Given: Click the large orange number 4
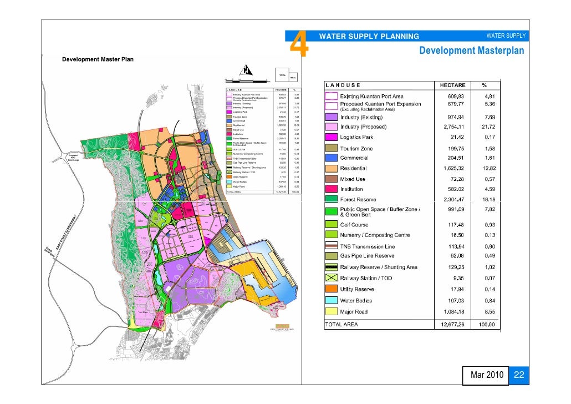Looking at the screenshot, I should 299,44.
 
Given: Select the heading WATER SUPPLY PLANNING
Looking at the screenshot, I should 369,37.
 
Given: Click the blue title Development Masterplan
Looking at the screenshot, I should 471,51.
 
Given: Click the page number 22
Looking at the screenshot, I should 519,376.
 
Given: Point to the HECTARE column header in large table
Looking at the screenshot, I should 452,85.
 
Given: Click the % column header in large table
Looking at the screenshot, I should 484,85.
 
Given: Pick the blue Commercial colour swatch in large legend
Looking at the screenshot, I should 331,158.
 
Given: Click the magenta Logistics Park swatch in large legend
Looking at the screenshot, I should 331,137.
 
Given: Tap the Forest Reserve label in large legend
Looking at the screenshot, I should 358,199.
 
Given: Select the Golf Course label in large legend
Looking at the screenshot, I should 354,225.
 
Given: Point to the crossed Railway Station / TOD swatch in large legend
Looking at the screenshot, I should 331,278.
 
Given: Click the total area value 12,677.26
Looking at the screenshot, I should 452,325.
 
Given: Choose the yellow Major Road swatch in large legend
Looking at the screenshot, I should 331,311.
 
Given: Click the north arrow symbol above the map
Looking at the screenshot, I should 246,71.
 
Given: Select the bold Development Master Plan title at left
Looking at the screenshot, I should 98,59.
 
